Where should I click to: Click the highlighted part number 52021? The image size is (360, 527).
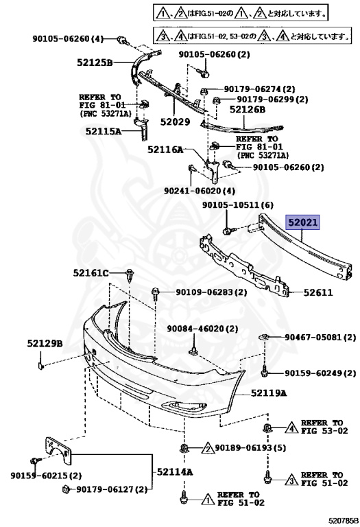pyautogui.click(x=302, y=222)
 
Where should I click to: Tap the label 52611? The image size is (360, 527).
pyautogui.click(x=318, y=293)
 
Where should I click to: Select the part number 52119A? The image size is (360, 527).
pyautogui.click(x=269, y=393)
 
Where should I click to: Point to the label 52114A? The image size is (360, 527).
pyautogui.click(x=175, y=472)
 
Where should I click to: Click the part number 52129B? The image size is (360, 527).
pyautogui.click(x=45, y=344)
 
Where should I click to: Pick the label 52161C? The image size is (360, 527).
pyautogui.click(x=91, y=273)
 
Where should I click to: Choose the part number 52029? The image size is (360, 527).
pyautogui.click(x=175, y=121)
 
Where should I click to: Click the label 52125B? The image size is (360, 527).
pyautogui.click(x=95, y=62)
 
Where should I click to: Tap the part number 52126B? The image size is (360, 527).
pyautogui.click(x=248, y=109)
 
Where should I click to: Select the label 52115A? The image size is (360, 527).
pyautogui.click(x=104, y=131)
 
